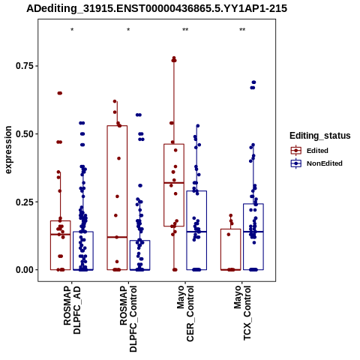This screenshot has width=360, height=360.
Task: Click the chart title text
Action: tap(157, 9)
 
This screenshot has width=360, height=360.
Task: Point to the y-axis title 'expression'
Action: tap(8, 150)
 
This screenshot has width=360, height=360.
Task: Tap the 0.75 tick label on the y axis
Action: tap(24, 66)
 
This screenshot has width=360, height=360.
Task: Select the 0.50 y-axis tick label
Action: tap(24, 133)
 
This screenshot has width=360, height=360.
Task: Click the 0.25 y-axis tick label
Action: tap(24, 202)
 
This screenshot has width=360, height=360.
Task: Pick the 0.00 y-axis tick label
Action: tap(24, 270)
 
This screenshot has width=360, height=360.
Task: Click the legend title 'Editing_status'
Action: tap(320, 136)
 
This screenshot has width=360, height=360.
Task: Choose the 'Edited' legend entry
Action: tap(317, 151)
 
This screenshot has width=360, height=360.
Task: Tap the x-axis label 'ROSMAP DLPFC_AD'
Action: tap(72, 310)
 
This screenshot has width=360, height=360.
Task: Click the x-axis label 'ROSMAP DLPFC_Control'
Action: tap(128, 319)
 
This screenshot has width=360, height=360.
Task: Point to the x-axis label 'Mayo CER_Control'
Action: tap(185, 313)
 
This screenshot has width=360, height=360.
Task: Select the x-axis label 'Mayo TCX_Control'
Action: tap(242, 313)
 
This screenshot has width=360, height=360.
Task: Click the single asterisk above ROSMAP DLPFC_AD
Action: tap(72, 30)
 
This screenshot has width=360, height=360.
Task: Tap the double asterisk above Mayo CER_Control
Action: tap(185, 30)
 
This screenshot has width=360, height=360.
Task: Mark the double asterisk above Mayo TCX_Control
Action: tap(242, 30)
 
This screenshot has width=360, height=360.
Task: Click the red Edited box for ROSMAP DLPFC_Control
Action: tap(107, 197)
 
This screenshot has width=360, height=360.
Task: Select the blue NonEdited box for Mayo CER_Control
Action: tap(187, 230)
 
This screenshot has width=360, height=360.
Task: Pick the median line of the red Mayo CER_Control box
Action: tap(174, 183)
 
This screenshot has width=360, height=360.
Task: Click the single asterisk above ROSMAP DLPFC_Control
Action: tap(128, 30)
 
